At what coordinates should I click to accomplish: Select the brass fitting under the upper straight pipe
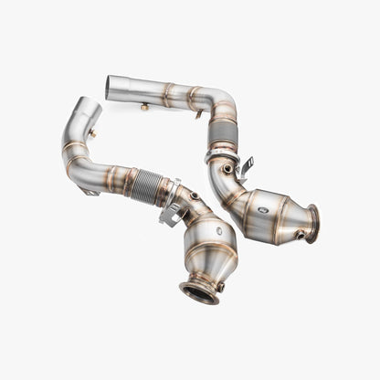pyautogui.click(x=144, y=107)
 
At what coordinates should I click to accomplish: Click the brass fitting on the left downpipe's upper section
pyautogui.click(x=92, y=133)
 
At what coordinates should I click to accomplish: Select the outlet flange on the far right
pyautogui.click(x=312, y=224)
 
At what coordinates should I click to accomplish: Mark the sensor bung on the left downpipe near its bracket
pyautogui.click(x=193, y=195)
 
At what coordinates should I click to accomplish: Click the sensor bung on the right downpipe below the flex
pyautogui.click(x=226, y=169)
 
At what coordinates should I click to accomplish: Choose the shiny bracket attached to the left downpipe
pyautogui.click(x=171, y=206)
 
